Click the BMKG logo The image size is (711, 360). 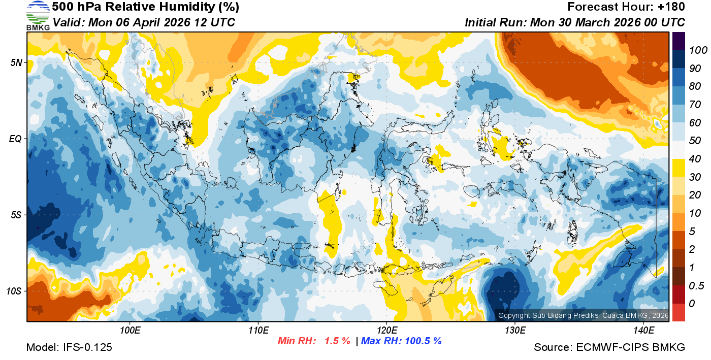[x=38, y=15]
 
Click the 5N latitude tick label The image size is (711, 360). [x=16, y=63]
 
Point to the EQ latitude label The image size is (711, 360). [x=16, y=139]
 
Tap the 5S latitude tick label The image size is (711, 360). [x=16, y=215]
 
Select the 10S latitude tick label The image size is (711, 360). [x=14, y=291]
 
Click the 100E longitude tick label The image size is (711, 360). [x=130, y=331]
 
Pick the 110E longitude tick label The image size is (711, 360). [x=258, y=331]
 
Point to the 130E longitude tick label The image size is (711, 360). [x=515, y=331]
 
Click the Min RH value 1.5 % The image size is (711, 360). [x=337, y=341]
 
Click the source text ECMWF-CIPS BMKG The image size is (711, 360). [x=631, y=347]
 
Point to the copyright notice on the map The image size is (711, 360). [x=584, y=315]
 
